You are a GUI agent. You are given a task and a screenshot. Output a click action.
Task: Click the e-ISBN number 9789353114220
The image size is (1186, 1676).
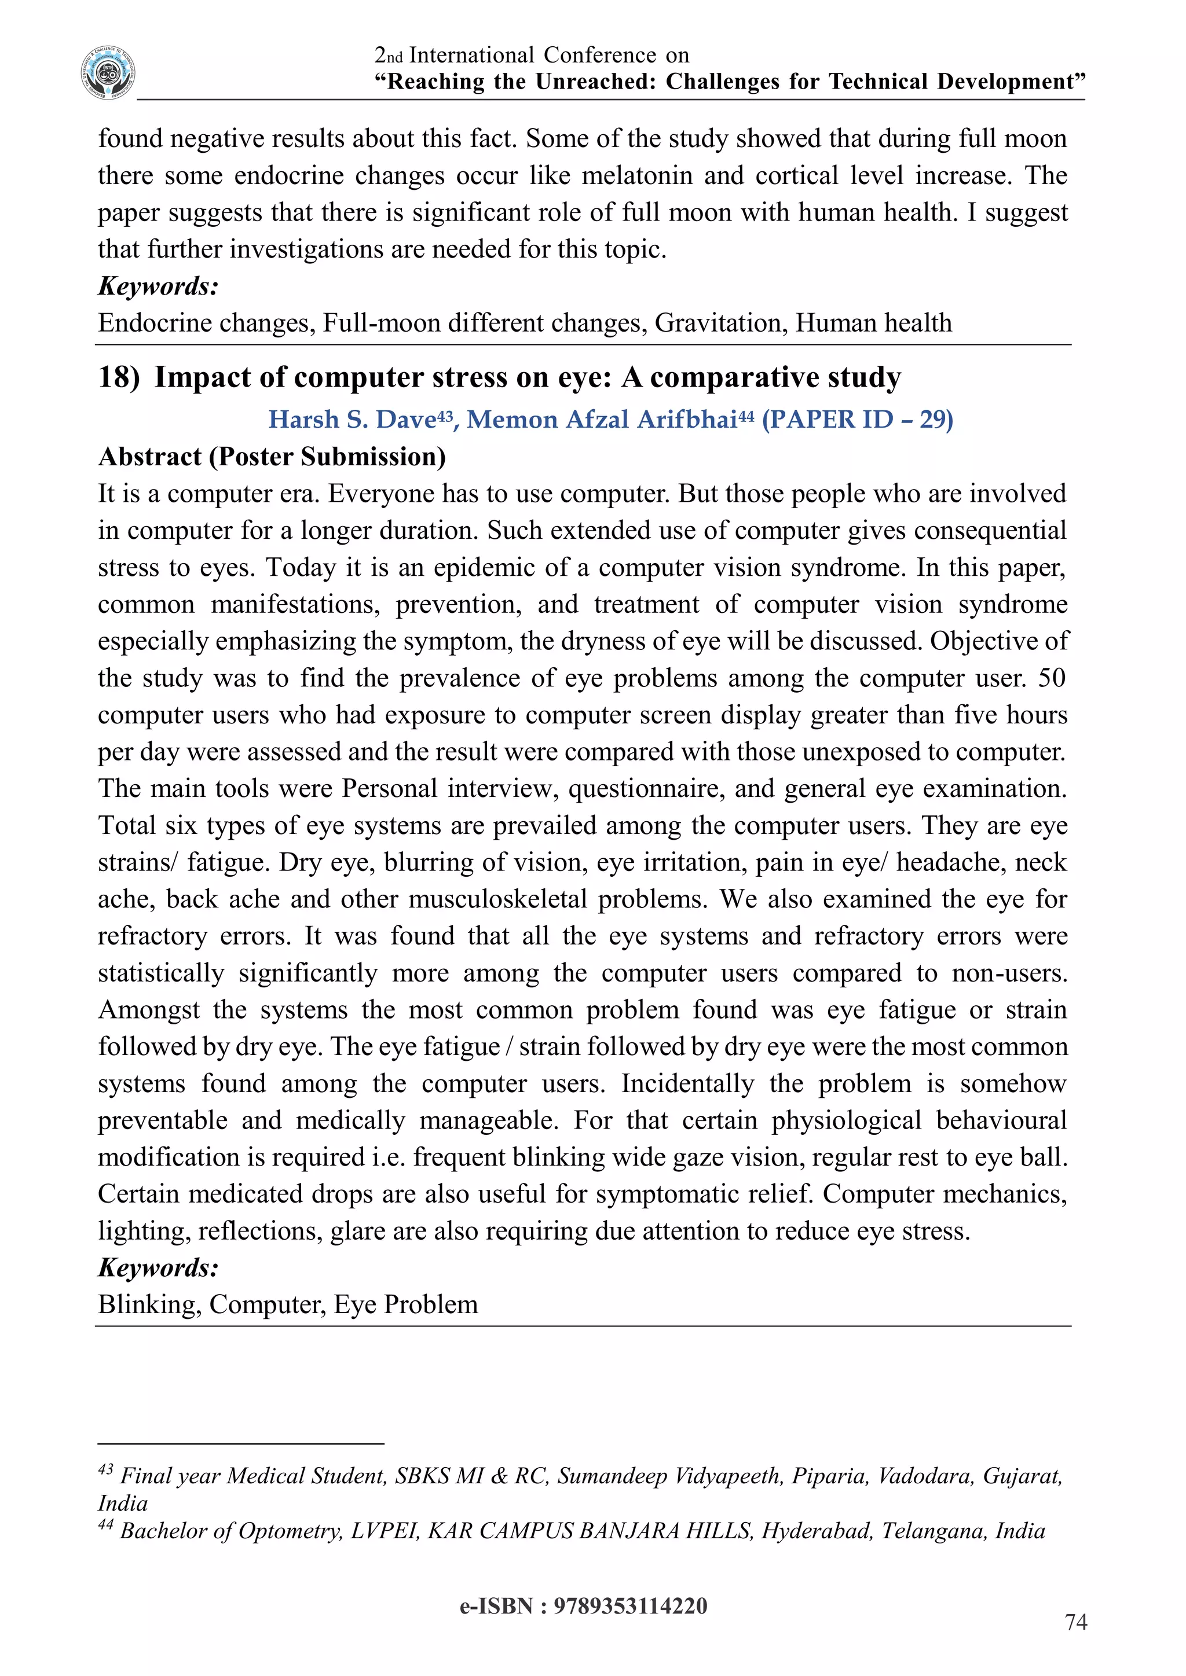click(629, 1606)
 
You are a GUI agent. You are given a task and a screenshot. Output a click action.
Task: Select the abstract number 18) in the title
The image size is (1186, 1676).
click(118, 377)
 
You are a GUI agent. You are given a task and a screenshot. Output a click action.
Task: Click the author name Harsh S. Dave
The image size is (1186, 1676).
click(353, 420)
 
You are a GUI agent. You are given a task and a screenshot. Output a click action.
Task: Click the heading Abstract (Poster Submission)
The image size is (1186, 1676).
click(272, 457)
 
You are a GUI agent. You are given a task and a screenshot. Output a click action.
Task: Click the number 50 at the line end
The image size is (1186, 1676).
click(1051, 678)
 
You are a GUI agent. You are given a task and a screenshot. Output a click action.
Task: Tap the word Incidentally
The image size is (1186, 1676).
click(687, 1083)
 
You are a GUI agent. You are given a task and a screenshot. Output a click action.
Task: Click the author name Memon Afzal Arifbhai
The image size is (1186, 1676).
click(602, 420)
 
